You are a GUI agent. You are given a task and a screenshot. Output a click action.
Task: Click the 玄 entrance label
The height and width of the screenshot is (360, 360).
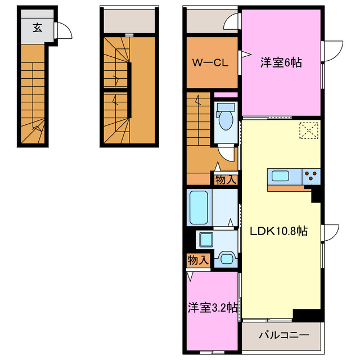[x=36, y=28]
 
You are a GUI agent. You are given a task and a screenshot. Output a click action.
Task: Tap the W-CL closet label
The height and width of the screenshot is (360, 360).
[x=211, y=63]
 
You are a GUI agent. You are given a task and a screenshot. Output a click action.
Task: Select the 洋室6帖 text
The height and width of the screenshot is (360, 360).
[x=281, y=63]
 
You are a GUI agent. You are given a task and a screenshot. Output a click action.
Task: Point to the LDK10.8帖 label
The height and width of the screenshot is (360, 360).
[x=274, y=231]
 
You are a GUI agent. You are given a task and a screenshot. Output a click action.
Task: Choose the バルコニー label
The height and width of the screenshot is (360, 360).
[x=283, y=335]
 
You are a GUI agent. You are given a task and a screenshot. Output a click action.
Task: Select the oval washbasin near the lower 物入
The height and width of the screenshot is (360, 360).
[x=226, y=259]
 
